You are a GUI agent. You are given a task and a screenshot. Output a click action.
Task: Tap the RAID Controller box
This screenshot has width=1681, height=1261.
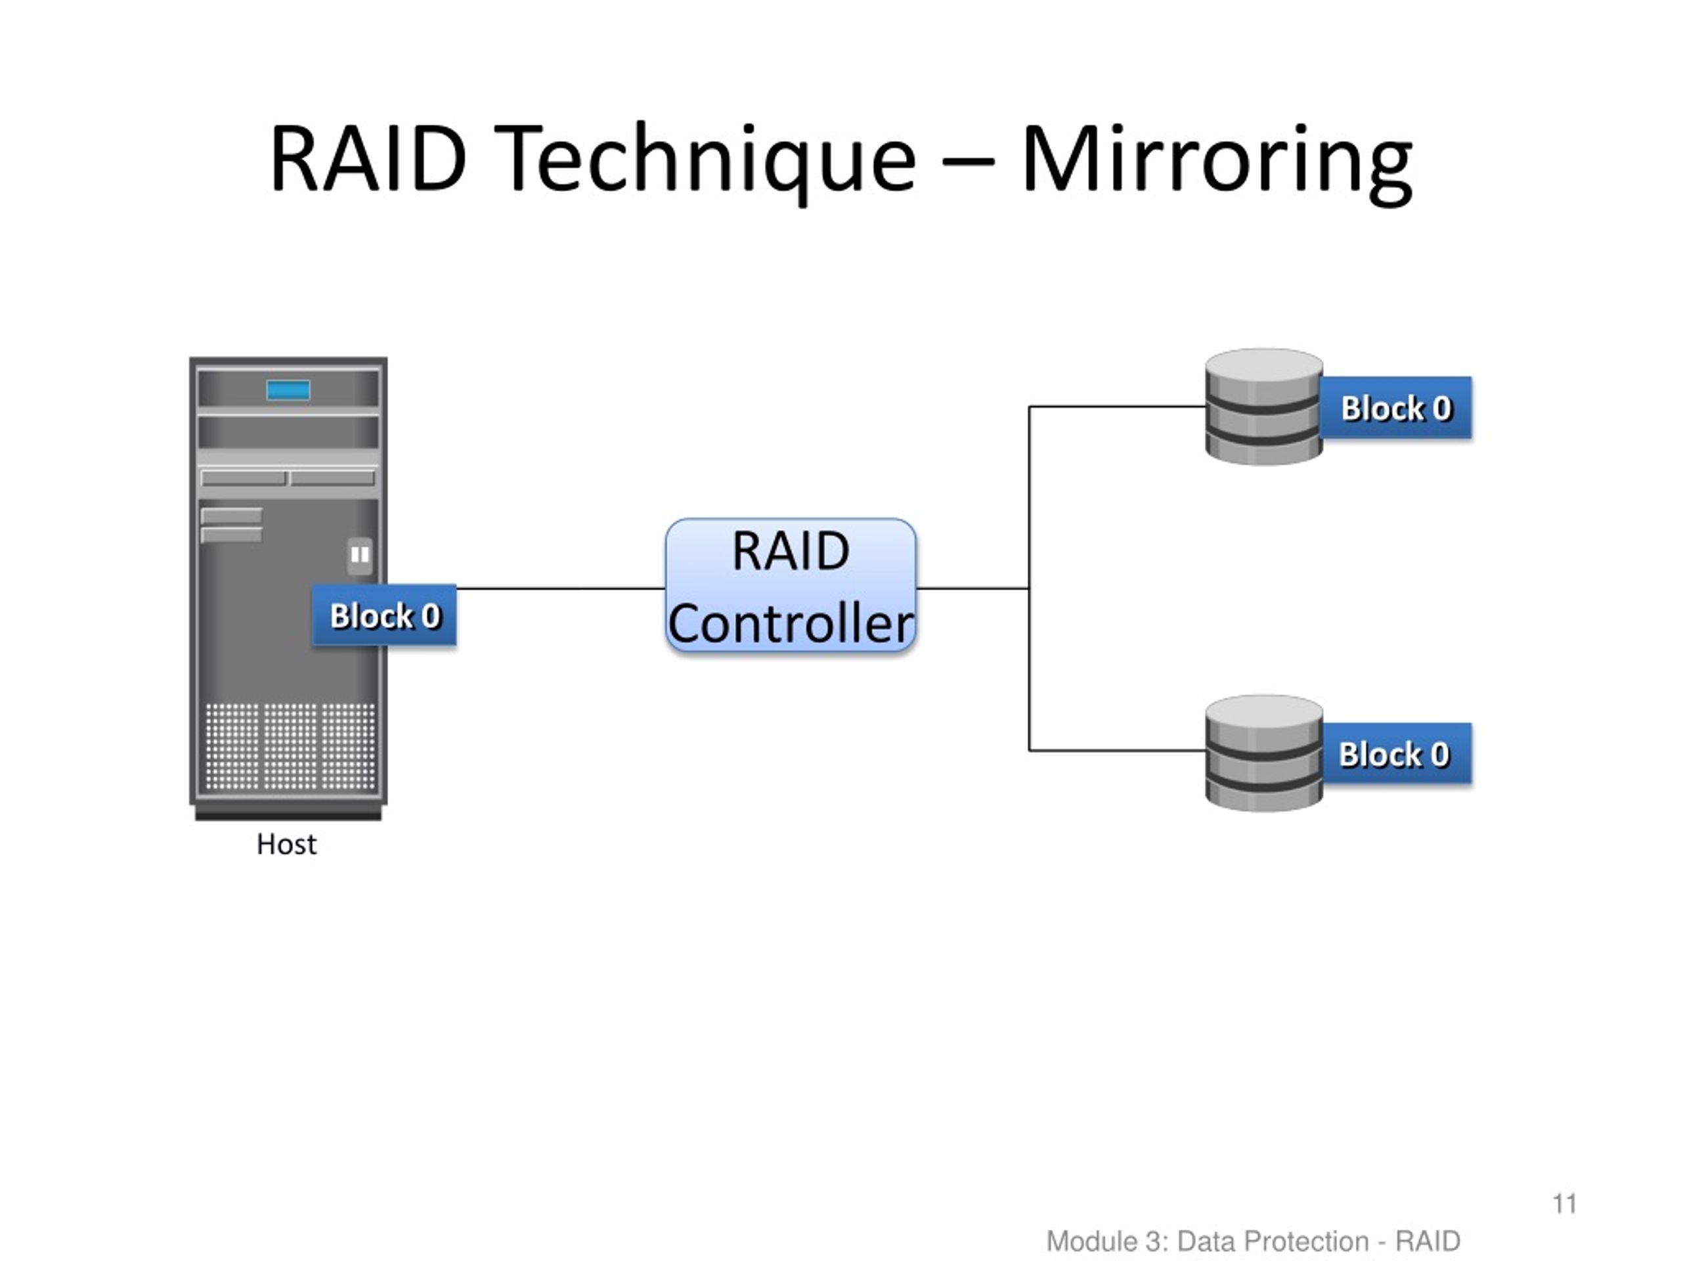(791, 585)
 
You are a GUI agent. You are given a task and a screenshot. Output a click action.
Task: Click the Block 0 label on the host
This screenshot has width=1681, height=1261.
(385, 615)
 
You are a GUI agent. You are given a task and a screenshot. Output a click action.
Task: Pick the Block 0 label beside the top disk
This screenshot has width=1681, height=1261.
(1395, 408)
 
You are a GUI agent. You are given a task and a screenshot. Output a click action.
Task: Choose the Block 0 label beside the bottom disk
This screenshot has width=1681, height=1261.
(1395, 754)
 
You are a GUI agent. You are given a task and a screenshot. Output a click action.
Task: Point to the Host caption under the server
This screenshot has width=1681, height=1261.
(286, 845)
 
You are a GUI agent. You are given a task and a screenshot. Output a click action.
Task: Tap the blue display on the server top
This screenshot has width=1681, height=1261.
(288, 390)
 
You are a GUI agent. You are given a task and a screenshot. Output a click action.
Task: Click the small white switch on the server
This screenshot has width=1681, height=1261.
(359, 555)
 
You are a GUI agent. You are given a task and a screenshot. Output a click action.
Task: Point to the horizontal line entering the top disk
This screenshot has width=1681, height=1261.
(1117, 407)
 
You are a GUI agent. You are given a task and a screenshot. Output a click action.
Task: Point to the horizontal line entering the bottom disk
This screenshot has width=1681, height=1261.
(1117, 750)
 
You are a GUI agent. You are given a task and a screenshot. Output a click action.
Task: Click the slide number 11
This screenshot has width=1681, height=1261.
(1564, 1204)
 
